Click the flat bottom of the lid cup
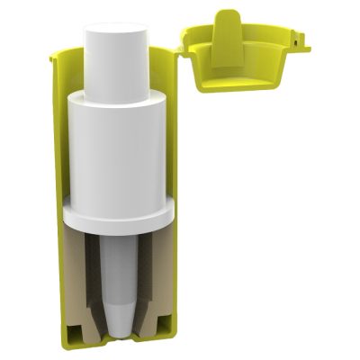(241, 85)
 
